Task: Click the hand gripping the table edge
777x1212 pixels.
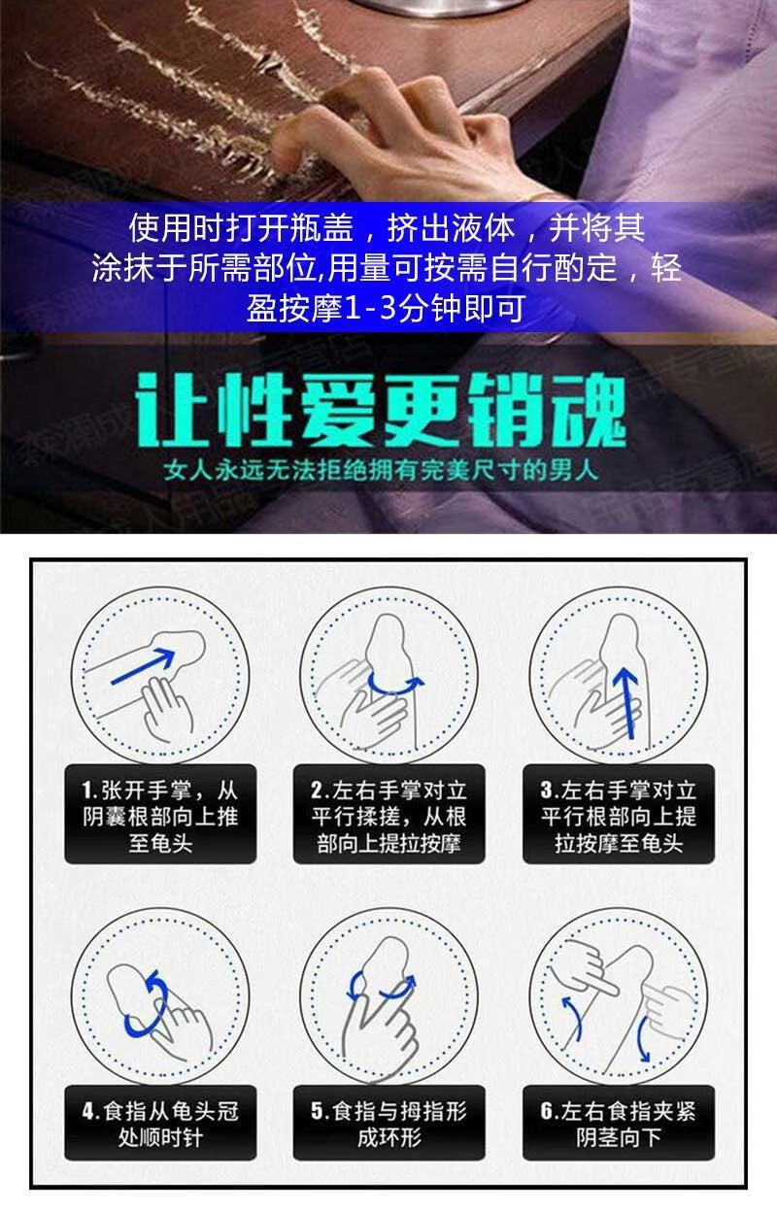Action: click(388, 136)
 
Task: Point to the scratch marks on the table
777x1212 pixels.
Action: click(194, 78)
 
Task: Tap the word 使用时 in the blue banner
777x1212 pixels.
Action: click(176, 230)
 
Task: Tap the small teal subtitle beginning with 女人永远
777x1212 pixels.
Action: click(388, 475)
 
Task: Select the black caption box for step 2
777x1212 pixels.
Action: click(388, 816)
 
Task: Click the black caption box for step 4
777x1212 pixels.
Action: click(160, 1123)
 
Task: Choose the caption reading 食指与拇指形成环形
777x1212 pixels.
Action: click(388, 1123)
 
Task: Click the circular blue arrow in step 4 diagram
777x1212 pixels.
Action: click(146, 1005)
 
